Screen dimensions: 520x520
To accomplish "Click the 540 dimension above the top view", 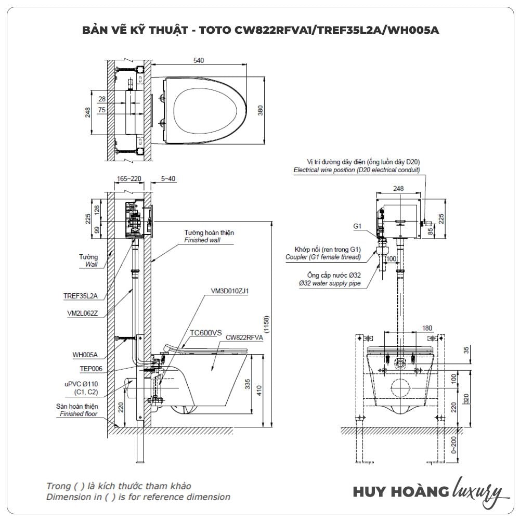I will point(198,61).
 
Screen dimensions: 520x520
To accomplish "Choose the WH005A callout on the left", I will point(85,356).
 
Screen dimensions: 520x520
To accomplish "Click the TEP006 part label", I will point(86,368).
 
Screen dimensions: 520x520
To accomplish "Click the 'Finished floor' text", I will point(79,414).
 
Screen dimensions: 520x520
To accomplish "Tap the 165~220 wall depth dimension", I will point(129,178).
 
